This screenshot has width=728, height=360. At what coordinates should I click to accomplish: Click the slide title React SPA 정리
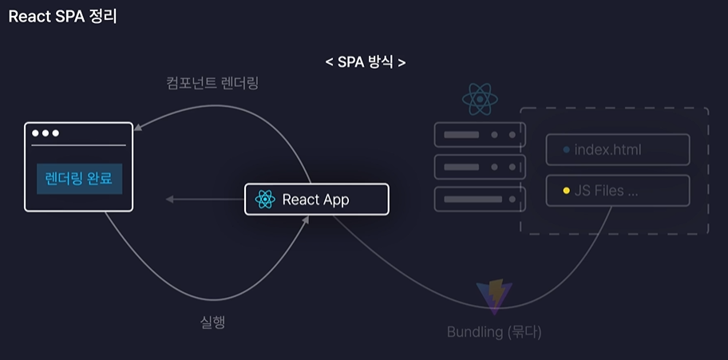[62, 16]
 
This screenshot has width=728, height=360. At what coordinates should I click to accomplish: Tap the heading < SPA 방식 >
[365, 61]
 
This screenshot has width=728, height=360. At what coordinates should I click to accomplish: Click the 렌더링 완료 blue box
[79, 179]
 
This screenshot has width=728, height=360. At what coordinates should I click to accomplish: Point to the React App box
[316, 200]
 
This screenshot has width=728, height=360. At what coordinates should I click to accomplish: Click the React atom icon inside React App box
[265, 200]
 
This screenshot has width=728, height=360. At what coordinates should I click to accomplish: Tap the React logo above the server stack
[480, 100]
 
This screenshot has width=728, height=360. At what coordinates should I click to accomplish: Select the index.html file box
[617, 149]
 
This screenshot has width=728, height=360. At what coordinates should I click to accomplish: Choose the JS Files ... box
[617, 191]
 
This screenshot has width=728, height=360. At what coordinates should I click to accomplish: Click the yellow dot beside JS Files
[566, 192]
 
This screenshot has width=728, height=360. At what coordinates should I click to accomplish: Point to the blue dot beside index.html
[566, 150]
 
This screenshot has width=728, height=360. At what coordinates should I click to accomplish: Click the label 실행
[212, 322]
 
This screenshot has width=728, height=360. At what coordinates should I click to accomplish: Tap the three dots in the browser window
[45, 133]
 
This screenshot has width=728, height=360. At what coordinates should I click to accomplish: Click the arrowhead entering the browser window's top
[139, 127]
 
